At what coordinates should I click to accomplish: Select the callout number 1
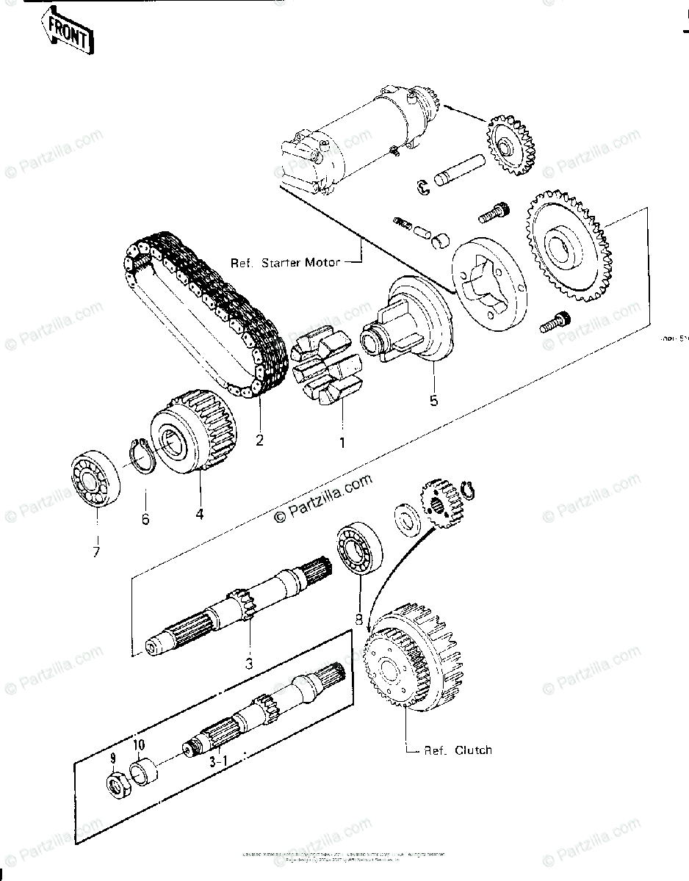341,443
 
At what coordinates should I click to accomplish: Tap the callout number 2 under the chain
259,440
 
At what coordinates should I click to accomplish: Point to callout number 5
433,401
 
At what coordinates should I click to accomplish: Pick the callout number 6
145,519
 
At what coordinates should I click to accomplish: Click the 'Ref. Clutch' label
458,750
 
